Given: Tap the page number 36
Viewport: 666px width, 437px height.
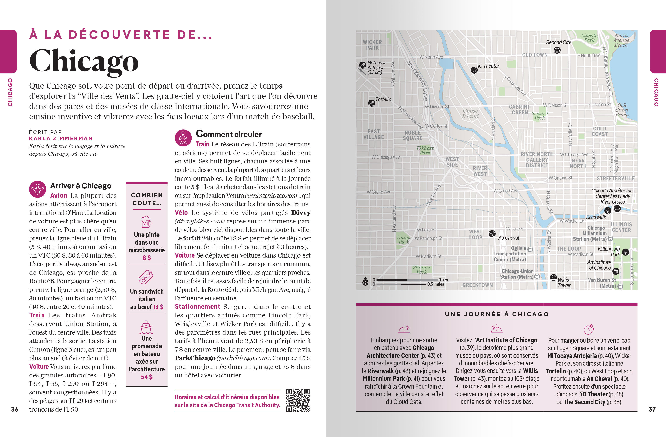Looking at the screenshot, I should (15, 409).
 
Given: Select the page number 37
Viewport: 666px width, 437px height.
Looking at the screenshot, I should (652, 409).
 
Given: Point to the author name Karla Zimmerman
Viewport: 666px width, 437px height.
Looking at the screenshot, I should (61, 138).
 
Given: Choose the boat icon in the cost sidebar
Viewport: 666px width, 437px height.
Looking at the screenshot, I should (146, 327).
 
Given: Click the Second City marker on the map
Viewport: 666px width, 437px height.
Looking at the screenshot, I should (557, 50).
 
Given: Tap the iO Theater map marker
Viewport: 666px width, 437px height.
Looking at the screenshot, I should (474, 70).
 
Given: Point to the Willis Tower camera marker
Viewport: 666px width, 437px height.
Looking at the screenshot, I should (553, 277).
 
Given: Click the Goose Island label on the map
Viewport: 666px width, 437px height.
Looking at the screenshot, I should (470, 114).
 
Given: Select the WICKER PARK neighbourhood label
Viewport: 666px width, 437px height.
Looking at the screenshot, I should (372, 45).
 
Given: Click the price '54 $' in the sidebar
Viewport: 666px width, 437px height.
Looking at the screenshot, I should (147, 377).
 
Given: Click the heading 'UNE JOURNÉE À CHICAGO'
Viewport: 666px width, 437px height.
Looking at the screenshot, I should (497, 314).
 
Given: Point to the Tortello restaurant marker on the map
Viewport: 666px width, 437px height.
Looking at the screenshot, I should (371, 103).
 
